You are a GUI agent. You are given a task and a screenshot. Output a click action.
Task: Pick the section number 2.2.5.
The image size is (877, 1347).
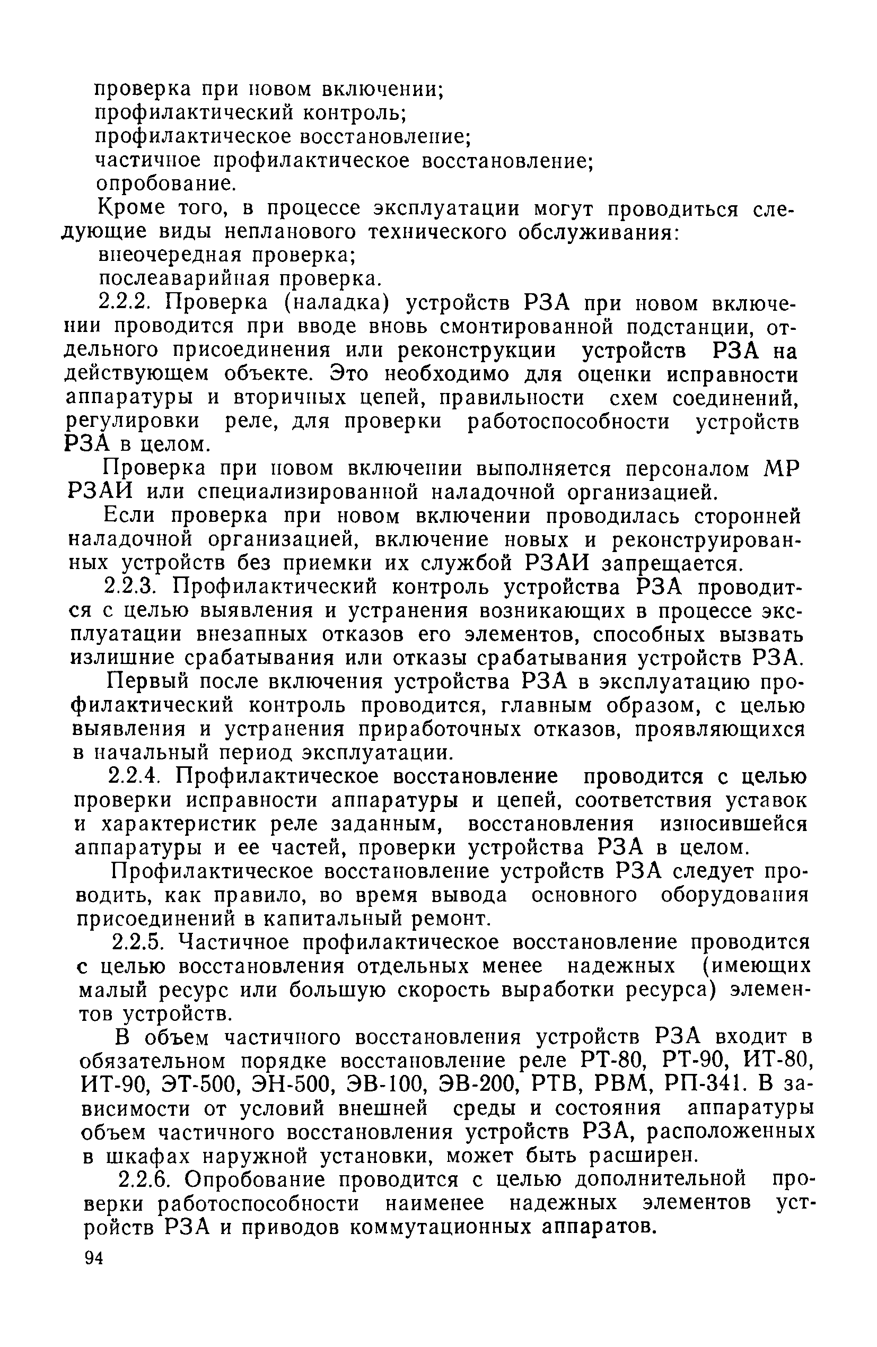click(x=139, y=941)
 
